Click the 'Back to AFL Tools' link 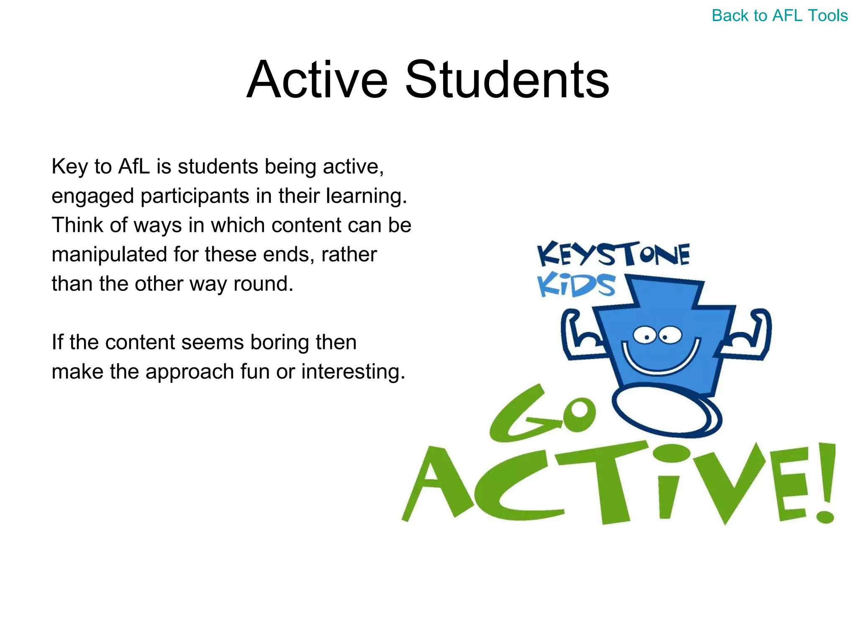point(779,16)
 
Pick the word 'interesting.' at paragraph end point(353,371)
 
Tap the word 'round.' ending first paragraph point(263,283)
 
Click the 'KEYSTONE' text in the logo point(613,254)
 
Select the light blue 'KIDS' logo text point(576,285)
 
